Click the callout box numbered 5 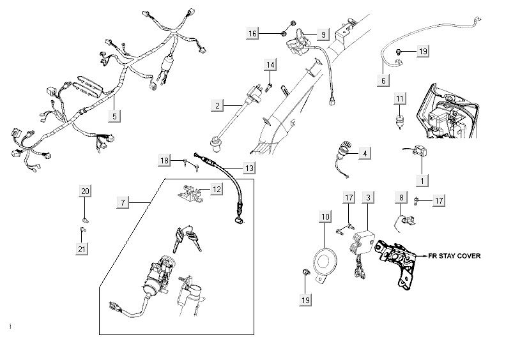coord(114,116)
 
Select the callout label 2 coord(218,104)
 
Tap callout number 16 coord(254,33)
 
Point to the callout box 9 coord(323,33)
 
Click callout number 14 coord(270,65)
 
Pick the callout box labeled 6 coord(383,81)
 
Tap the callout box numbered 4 coord(364,153)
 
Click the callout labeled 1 coord(421,181)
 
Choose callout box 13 coord(249,169)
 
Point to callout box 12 coord(217,189)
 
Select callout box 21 coord(82,249)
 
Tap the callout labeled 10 coord(326,218)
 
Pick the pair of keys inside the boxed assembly coord(184,239)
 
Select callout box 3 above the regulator coord(368,199)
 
